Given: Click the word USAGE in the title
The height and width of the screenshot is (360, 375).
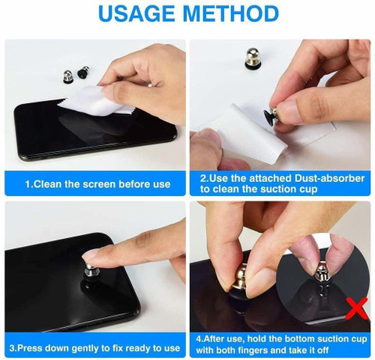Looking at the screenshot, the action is tap(137, 13).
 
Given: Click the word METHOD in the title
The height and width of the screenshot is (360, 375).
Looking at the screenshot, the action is tap(231, 13).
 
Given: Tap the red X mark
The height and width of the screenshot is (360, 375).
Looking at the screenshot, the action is tap(357, 308).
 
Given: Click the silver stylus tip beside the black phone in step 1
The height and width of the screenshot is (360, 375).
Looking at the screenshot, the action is tap(68, 77).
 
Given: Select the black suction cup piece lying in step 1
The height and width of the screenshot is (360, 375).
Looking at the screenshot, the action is tap(84, 72).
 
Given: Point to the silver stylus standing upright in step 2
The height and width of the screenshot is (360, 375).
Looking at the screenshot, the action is tap(252, 59).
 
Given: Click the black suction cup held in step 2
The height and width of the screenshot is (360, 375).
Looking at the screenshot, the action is tap(270, 118).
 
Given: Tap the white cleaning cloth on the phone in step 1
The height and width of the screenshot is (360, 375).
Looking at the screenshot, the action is tap(96, 102).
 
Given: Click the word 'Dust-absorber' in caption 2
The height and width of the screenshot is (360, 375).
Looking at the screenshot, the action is tap(330, 178).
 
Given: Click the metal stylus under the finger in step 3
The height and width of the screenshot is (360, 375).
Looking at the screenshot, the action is tap(91, 273).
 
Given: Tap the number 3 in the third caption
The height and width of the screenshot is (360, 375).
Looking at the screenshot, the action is tap(12, 348).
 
